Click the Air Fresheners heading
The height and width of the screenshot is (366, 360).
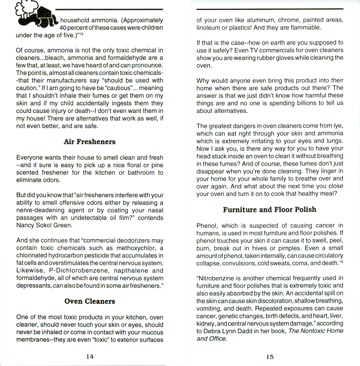[x=89, y=142]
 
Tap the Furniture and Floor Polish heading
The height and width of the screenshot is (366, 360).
[x=270, y=209]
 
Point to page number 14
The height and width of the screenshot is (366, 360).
[x=90, y=357]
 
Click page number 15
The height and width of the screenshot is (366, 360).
[x=270, y=357]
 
